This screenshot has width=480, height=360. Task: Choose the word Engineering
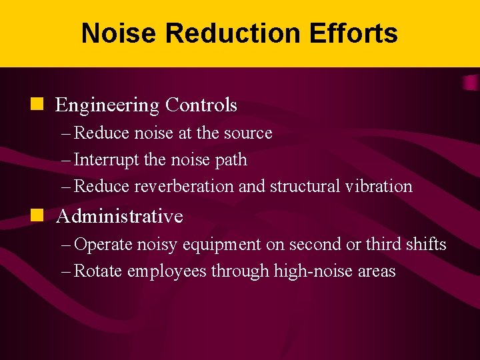tap(107, 105)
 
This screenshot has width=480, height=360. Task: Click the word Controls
tap(201, 105)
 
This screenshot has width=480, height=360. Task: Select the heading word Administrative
tap(120, 216)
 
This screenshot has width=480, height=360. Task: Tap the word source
tap(248, 133)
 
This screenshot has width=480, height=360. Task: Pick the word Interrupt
tap(103, 160)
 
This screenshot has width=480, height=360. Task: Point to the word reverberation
tap(184, 186)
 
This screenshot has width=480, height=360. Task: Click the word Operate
tap(103, 245)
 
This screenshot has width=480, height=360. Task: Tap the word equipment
tap(223, 245)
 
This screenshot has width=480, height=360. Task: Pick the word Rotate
tap(98, 271)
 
